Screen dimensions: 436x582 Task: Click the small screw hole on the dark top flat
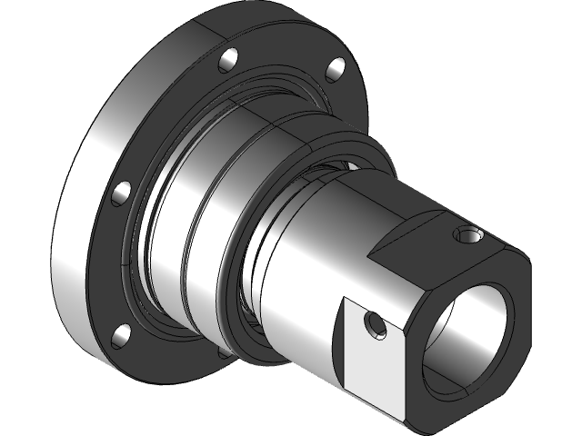(x=468, y=237)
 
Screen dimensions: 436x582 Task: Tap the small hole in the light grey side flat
(x=372, y=323)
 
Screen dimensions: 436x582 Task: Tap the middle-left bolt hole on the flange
(x=118, y=192)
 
